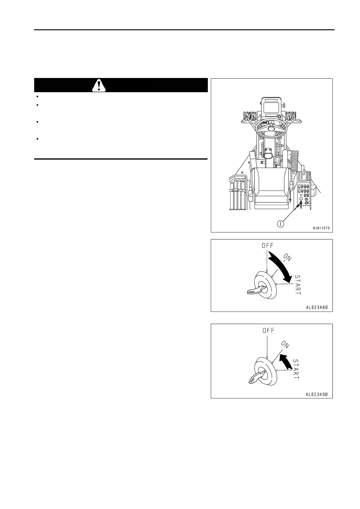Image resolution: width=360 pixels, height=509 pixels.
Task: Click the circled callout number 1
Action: (x=281, y=224)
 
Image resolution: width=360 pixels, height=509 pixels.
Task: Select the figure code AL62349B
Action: (x=317, y=394)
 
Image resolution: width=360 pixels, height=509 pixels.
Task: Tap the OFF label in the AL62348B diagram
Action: (x=267, y=245)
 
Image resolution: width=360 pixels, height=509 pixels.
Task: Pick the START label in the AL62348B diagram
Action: (x=298, y=285)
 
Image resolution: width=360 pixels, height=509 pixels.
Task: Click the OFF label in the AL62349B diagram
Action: (x=268, y=331)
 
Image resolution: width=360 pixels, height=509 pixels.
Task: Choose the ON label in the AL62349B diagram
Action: (x=285, y=345)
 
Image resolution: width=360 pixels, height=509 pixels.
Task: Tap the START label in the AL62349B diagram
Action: (x=296, y=369)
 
